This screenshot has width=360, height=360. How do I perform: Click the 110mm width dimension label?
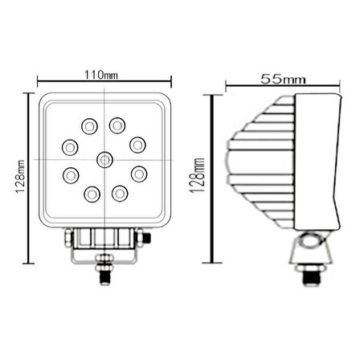104,76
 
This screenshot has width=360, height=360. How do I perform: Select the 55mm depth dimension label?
283,79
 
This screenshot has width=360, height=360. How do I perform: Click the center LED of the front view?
104,161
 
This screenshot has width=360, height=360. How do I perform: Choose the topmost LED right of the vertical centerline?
118,125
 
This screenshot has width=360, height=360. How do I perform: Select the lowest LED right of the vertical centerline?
121,193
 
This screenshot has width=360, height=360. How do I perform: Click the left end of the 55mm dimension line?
226,85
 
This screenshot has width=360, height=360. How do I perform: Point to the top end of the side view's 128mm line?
211,96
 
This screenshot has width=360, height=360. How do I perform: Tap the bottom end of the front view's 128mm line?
30,264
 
